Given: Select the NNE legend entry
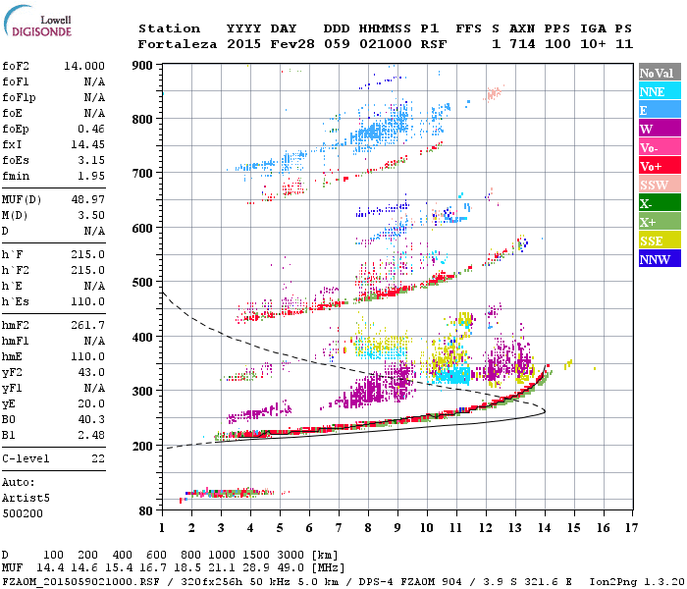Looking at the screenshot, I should (653, 91).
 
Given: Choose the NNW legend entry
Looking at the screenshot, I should (655, 259).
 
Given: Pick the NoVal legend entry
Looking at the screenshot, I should (657, 73).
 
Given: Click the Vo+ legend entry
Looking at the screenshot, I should (652, 166).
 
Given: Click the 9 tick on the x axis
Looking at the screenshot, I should (397, 527).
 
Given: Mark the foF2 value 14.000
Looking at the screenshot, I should (84, 64).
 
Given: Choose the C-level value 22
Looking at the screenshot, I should (96, 457).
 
